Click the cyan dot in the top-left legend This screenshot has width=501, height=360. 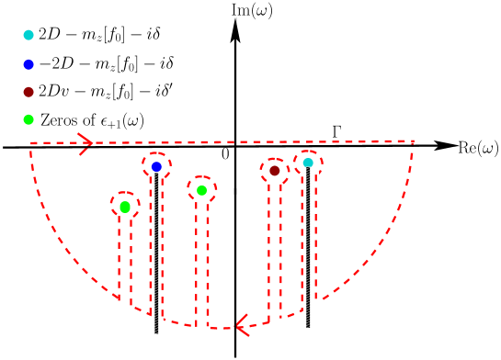tap(28, 35)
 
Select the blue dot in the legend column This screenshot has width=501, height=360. tap(28, 64)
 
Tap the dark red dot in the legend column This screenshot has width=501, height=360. tap(28, 92)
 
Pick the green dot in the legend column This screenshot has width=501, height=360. tap(28, 119)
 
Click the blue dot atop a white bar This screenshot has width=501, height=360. tap(156, 166)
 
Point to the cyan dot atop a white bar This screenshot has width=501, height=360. tap(308, 163)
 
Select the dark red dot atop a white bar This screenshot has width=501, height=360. tap(275, 170)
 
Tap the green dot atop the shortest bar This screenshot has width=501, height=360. tap(125, 207)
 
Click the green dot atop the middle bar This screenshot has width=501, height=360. tap(202, 190)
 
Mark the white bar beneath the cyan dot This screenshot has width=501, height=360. tap(309, 243)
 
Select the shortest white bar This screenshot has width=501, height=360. tap(125, 263)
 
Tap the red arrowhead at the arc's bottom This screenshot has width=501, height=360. tap(241, 326)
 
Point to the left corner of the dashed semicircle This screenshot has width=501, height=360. tap(31, 143)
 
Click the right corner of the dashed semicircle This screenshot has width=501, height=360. tap(413, 141)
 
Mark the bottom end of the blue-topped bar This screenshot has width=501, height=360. tap(157, 330)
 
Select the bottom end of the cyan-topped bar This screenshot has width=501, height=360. tap(309, 322)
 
